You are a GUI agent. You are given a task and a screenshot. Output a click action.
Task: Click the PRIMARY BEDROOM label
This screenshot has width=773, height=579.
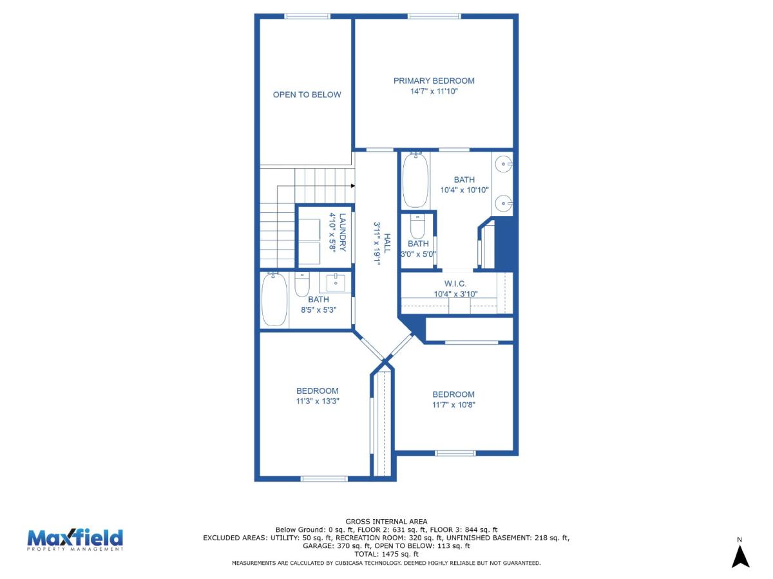click(x=434, y=81)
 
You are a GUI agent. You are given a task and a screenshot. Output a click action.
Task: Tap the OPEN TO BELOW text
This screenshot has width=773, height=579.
click(x=307, y=95)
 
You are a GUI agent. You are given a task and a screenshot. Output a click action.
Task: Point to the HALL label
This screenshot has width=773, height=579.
click(x=387, y=243)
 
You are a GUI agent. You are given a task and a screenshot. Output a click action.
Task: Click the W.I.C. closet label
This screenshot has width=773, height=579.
click(x=455, y=283)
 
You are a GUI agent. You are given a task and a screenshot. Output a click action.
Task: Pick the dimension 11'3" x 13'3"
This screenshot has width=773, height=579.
click(x=318, y=401)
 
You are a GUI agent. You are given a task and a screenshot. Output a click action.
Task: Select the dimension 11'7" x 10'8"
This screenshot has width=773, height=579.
click(x=453, y=405)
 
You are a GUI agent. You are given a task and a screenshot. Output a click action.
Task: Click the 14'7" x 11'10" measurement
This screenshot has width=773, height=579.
click(x=434, y=91)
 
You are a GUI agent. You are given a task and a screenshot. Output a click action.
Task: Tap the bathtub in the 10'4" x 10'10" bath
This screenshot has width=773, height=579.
click(x=415, y=180)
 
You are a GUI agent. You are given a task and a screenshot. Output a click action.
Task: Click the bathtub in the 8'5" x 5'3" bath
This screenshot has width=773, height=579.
click(x=274, y=299)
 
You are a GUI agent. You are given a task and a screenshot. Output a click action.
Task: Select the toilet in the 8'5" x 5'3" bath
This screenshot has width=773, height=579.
click(x=302, y=284)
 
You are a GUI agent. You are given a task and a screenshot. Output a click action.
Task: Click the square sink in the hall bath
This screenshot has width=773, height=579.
click(x=336, y=282)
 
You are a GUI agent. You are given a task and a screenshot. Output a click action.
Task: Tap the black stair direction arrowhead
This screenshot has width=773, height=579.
click(x=352, y=186)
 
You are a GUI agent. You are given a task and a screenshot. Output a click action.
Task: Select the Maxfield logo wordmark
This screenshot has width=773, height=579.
click(x=75, y=538)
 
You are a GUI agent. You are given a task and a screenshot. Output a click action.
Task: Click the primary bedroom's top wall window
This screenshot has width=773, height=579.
click(x=434, y=16)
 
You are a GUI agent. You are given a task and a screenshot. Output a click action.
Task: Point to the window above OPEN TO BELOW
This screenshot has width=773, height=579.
click(x=307, y=16)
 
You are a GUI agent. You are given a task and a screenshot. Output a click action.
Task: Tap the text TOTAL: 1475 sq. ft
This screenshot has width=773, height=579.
click(x=386, y=554)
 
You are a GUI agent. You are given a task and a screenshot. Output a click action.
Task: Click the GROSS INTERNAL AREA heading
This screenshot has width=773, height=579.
click(x=386, y=522)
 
